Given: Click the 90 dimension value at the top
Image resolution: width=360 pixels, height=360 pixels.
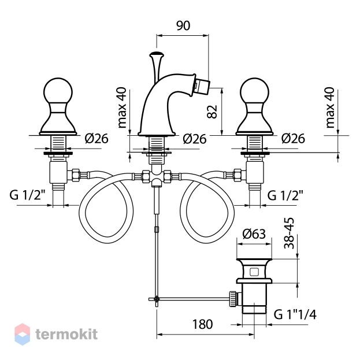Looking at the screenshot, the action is coord(183,25).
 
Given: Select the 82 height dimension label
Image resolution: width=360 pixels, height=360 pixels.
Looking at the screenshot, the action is coord(212,112).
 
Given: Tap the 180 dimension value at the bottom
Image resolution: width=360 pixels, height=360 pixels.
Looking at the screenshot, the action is coord(202,324).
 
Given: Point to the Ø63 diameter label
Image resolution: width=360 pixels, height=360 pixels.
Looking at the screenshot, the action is coord(254,234).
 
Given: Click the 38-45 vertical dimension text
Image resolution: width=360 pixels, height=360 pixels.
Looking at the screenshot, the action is coord(289,233).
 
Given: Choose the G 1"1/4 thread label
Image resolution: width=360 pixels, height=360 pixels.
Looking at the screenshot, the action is coord(295,314).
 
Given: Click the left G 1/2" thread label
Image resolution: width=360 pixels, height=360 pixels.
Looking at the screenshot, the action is coord(27,195).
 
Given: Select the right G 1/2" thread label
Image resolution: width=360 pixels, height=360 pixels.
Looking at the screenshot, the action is coord(285,195).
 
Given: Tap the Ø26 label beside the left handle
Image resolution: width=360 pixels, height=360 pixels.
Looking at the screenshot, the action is coord(97,139).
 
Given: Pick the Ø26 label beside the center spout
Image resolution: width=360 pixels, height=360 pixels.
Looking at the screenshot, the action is coord(195,139).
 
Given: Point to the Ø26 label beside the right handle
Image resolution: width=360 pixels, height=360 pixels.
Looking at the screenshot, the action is coord(293,139).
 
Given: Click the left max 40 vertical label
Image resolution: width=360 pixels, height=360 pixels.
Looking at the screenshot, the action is coord(122,107).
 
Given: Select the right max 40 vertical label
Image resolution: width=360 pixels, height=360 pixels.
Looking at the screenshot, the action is coord(330,107).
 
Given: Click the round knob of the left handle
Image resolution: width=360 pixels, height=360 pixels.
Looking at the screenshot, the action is coord(58,92).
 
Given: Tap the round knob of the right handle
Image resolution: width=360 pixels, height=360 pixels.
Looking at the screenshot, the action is coord(254,92).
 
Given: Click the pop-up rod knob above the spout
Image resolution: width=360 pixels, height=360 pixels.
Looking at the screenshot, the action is coord(157,55).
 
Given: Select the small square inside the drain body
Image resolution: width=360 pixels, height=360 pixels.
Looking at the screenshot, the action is coord(254,272).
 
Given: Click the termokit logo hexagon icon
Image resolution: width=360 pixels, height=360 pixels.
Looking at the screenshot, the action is coord(23,334).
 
